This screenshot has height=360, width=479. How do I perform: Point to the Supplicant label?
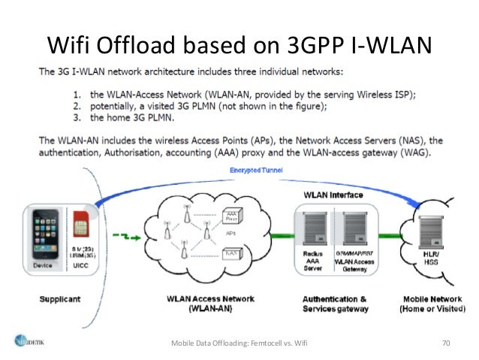59,298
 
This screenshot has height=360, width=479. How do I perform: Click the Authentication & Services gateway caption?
335,304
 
